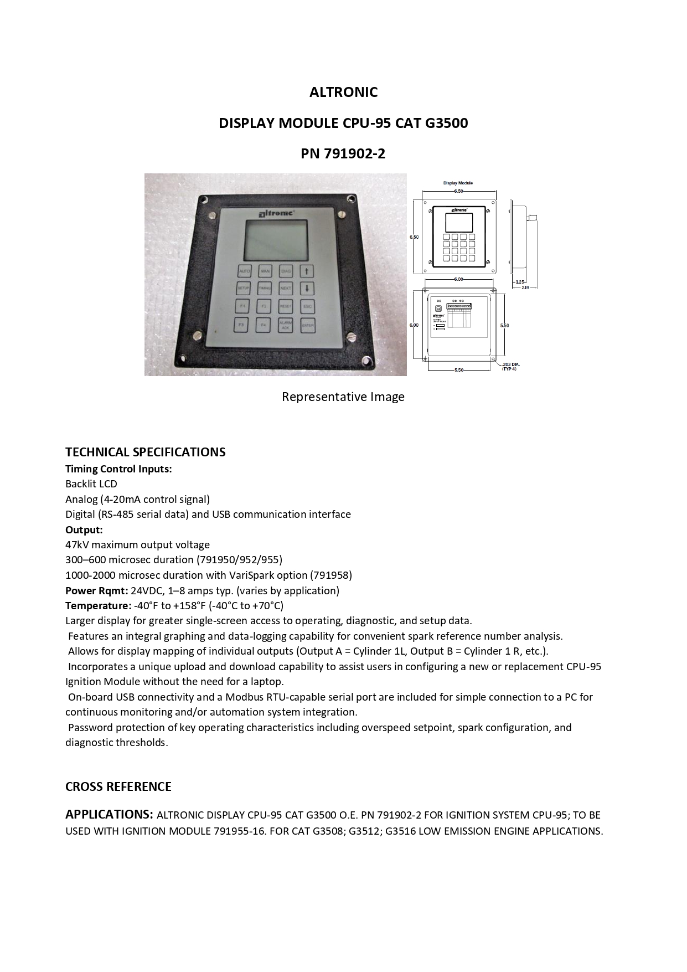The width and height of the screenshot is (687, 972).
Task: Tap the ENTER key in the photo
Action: pyautogui.click(x=308, y=326)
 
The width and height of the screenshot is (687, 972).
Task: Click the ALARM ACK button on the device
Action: pyautogui.click(x=285, y=326)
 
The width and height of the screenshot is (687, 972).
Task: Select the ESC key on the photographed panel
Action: pyautogui.click(x=308, y=306)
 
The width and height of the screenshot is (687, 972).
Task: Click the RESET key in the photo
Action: pyautogui.click(x=285, y=306)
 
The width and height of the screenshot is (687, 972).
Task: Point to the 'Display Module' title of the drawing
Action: pyautogui.click(x=458, y=183)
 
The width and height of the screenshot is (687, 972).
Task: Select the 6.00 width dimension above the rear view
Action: pyautogui.click(x=458, y=279)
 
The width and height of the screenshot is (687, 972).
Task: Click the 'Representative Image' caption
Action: pyautogui.click(x=343, y=397)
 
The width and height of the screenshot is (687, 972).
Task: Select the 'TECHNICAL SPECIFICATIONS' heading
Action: pyautogui.click(x=145, y=452)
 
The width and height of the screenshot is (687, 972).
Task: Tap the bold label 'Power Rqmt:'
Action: pyautogui.click(x=96, y=590)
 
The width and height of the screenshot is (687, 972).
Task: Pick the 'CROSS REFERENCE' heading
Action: pyautogui.click(x=118, y=786)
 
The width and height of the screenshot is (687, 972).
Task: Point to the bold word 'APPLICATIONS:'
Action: pyautogui.click(x=109, y=814)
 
